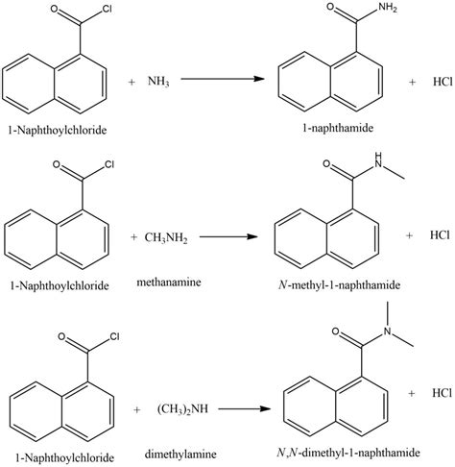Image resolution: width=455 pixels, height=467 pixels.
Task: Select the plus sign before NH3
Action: [x=132, y=83]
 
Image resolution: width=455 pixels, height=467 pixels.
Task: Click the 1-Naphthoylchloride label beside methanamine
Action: [x=59, y=285]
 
